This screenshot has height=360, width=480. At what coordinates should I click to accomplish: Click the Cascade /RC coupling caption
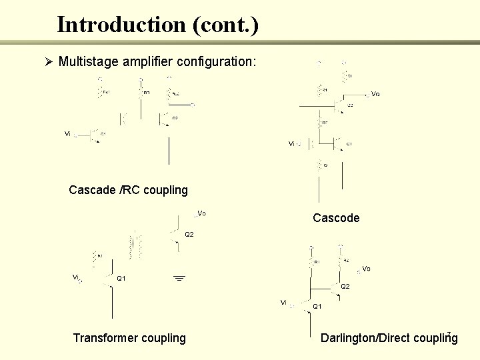tap(128, 190)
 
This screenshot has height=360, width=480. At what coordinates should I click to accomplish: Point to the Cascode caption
tap(336, 218)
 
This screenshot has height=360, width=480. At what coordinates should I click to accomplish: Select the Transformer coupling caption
tap(129, 338)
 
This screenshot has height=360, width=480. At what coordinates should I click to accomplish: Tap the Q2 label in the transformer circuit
tap(189, 235)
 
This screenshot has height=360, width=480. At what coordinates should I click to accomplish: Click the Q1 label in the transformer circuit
tap(122, 278)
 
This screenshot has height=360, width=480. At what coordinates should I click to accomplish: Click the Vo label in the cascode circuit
tap(375, 94)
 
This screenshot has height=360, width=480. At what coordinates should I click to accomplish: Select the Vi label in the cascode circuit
tap(291, 143)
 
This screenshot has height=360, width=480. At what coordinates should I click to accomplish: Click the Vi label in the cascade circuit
tap(67, 134)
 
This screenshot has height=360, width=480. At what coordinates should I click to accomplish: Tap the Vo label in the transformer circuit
tap(201, 213)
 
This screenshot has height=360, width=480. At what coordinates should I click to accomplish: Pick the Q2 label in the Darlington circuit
tap(345, 286)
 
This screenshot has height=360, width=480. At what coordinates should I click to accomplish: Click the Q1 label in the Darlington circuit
tap(317, 306)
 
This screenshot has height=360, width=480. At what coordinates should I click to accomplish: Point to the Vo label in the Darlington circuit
tap(366, 269)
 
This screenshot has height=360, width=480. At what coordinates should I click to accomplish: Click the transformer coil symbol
tap(136, 247)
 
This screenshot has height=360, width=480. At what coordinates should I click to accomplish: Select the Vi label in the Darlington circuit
tap(283, 303)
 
